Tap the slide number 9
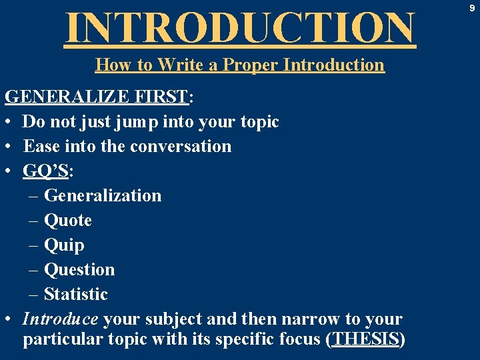[x=471, y=9]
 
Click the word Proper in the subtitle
[x=251, y=65]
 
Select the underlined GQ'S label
[x=46, y=171]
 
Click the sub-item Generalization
[x=102, y=195]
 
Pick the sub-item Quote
[x=67, y=220]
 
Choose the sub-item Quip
[x=64, y=245]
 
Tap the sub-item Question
[x=79, y=269]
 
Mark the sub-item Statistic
[x=75, y=294]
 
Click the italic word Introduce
[x=61, y=319]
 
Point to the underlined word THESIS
[x=365, y=339]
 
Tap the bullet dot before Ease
[x=9, y=146]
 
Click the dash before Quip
[x=33, y=245]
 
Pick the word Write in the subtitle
[x=177, y=65]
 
